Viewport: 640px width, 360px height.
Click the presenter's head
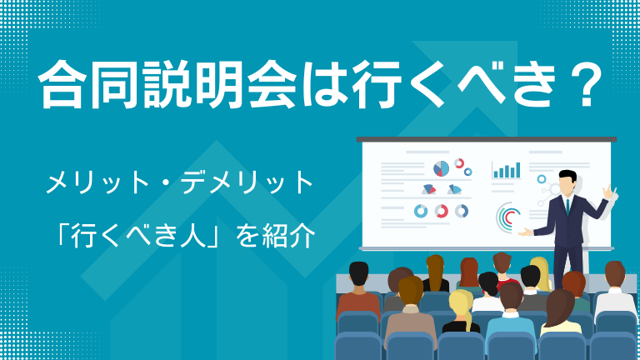[568, 182]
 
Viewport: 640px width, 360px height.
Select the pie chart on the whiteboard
[441, 168]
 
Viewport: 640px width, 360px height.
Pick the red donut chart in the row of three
[441, 211]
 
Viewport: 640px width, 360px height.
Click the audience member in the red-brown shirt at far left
[358, 287]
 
